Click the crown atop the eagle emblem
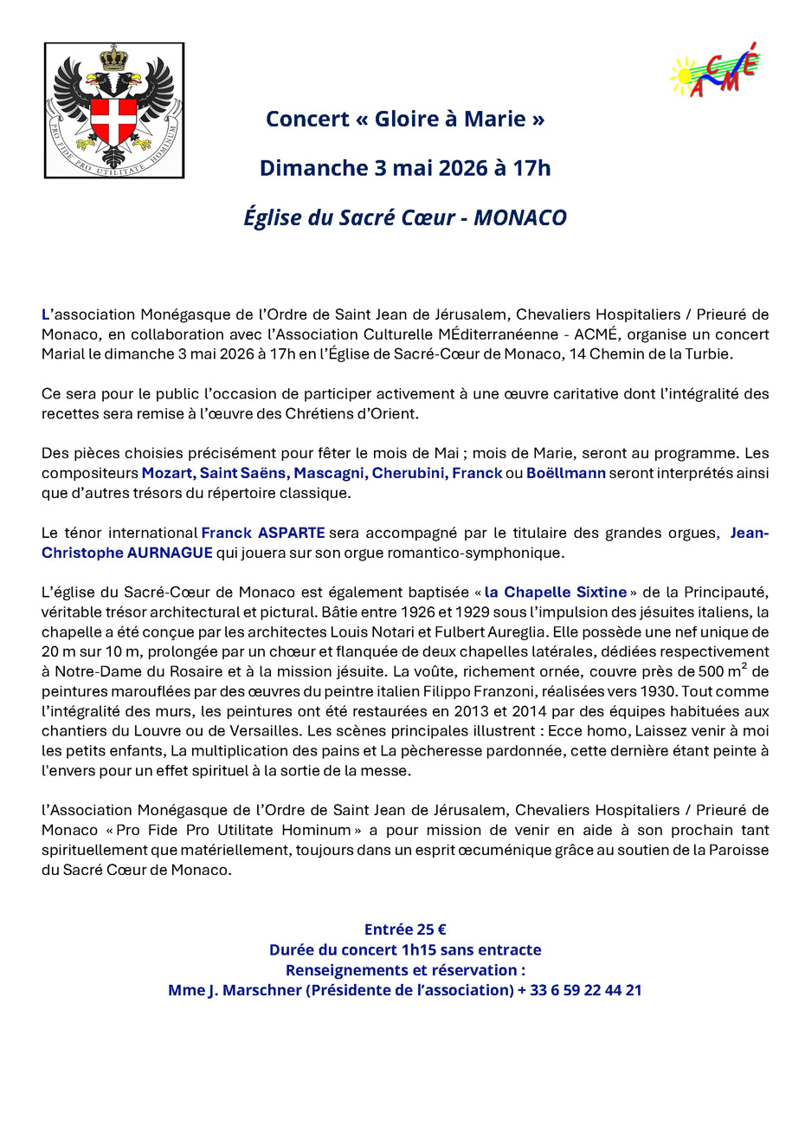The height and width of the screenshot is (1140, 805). [113, 60]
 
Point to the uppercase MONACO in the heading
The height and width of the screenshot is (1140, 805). [520, 217]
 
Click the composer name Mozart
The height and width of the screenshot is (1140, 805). [167, 473]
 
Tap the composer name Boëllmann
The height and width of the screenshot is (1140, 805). [565, 473]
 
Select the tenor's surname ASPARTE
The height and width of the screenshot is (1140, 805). [292, 533]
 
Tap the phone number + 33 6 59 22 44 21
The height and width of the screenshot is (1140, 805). [580, 989]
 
